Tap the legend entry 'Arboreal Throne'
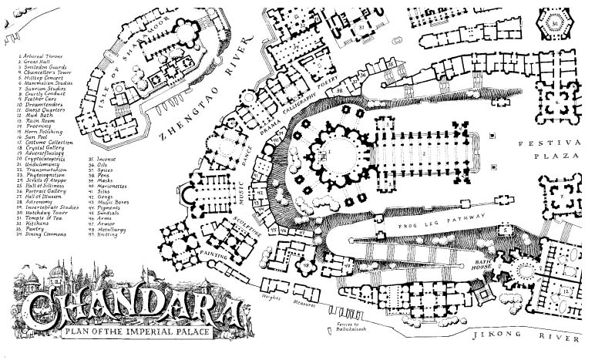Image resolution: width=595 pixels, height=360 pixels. tap(39, 56)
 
